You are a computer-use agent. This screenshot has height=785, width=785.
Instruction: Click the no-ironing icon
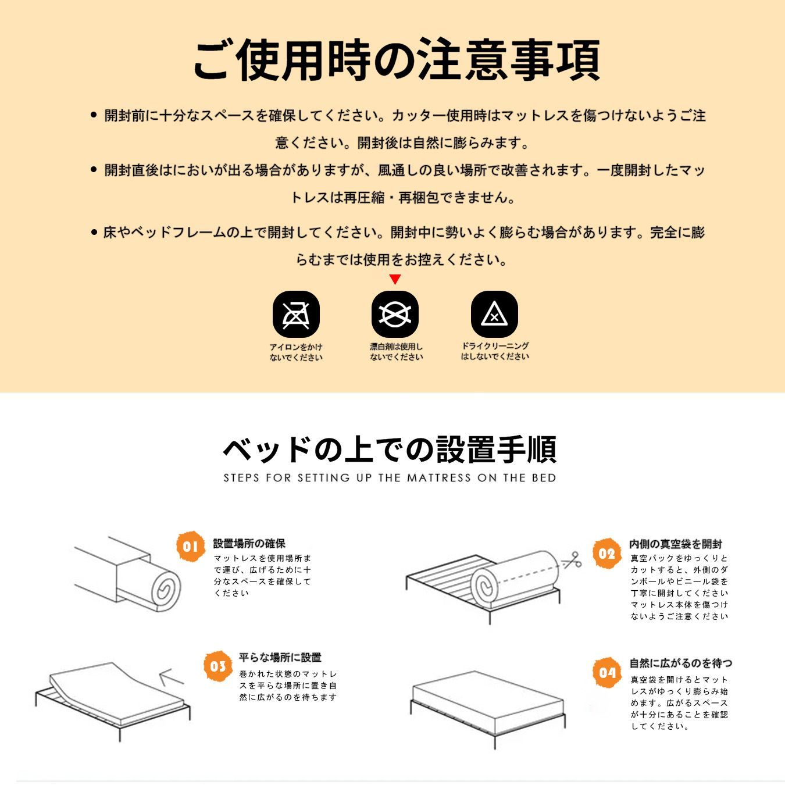click(296, 315)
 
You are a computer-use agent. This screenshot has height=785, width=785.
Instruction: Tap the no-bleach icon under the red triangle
click(395, 315)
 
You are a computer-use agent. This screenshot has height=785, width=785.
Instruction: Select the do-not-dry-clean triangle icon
click(494, 315)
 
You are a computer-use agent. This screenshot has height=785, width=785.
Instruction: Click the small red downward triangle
click(395, 280)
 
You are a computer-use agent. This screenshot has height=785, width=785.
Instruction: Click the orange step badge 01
click(191, 547)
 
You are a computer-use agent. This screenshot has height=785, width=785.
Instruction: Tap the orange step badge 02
click(606, 554)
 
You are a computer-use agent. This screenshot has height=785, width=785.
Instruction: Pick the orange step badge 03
click(218, 666)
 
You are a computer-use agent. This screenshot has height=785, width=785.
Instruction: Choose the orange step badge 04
click(606, 673)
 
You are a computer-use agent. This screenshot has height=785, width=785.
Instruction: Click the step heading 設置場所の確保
click(249, 544)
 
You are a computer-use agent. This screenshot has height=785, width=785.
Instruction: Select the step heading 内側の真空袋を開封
click(675, 544)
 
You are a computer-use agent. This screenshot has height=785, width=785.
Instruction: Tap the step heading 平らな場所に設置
click(280, 658)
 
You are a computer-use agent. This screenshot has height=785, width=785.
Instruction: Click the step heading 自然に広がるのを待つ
click(680, 663)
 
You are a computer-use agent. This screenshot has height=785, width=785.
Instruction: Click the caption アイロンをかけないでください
click(295, 352)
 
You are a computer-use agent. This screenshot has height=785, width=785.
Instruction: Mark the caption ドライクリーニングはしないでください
click(495, 351)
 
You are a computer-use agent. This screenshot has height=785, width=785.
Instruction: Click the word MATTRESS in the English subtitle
click(439, 478)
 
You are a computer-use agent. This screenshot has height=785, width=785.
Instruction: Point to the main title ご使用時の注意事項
click(396, 60)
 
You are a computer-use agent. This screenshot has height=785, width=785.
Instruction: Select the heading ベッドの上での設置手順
click(390, 449)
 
